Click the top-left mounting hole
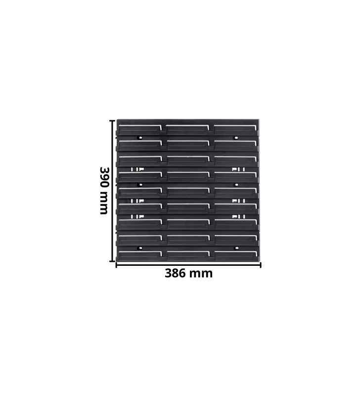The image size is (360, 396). [x=140, y=137]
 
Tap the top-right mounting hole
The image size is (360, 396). [x=236, y=137]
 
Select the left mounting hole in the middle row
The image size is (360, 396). [x=140, y=184]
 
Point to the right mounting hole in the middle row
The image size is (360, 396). [x=236, y=184]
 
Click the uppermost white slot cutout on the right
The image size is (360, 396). [x=238, y=170]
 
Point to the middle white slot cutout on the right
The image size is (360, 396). [x=238, y=201]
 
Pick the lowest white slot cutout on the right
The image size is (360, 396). [x=238, y=216]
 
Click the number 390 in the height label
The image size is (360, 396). [x=103, y=179]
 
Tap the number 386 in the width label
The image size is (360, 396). [x=177, y=274]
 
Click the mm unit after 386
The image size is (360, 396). [x=203, y=274]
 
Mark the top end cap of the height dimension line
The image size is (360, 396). [x=112, y=120]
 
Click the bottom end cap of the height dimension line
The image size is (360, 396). [x=112, y=261]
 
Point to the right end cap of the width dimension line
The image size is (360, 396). [x=260, y=265]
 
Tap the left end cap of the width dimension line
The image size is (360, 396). [x=116, y=265]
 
